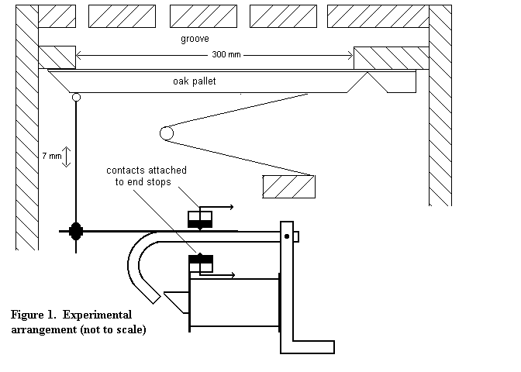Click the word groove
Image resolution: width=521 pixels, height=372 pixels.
(195, 39)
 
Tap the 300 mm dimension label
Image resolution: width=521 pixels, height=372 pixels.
(226, 54)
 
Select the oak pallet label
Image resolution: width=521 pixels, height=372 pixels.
(195, 81)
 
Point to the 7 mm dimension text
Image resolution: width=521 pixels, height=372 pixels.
(52, 156)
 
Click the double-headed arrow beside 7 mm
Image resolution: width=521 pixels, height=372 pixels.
(67, 157)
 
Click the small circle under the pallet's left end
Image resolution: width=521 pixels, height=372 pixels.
(76, 97)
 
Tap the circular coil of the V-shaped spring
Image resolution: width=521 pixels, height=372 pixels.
(167, 133)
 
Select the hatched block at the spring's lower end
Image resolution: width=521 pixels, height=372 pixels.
(288, 187)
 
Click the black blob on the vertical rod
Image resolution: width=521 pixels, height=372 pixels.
(76, 231)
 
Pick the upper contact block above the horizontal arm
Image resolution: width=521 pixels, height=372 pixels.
(200, 219)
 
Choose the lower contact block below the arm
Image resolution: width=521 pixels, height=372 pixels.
(201, 263)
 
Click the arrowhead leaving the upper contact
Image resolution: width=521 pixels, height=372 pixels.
(232, 207)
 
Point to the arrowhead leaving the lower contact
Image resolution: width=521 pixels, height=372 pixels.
(233, 275)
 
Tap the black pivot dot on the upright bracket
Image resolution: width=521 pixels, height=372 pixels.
(287, 236)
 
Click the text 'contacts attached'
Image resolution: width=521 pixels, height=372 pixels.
(147, 170)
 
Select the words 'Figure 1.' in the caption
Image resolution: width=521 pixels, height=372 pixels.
(33, 315)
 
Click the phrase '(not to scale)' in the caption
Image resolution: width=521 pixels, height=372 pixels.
(113, 329)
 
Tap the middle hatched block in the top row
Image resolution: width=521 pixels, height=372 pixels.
(203, 16)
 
